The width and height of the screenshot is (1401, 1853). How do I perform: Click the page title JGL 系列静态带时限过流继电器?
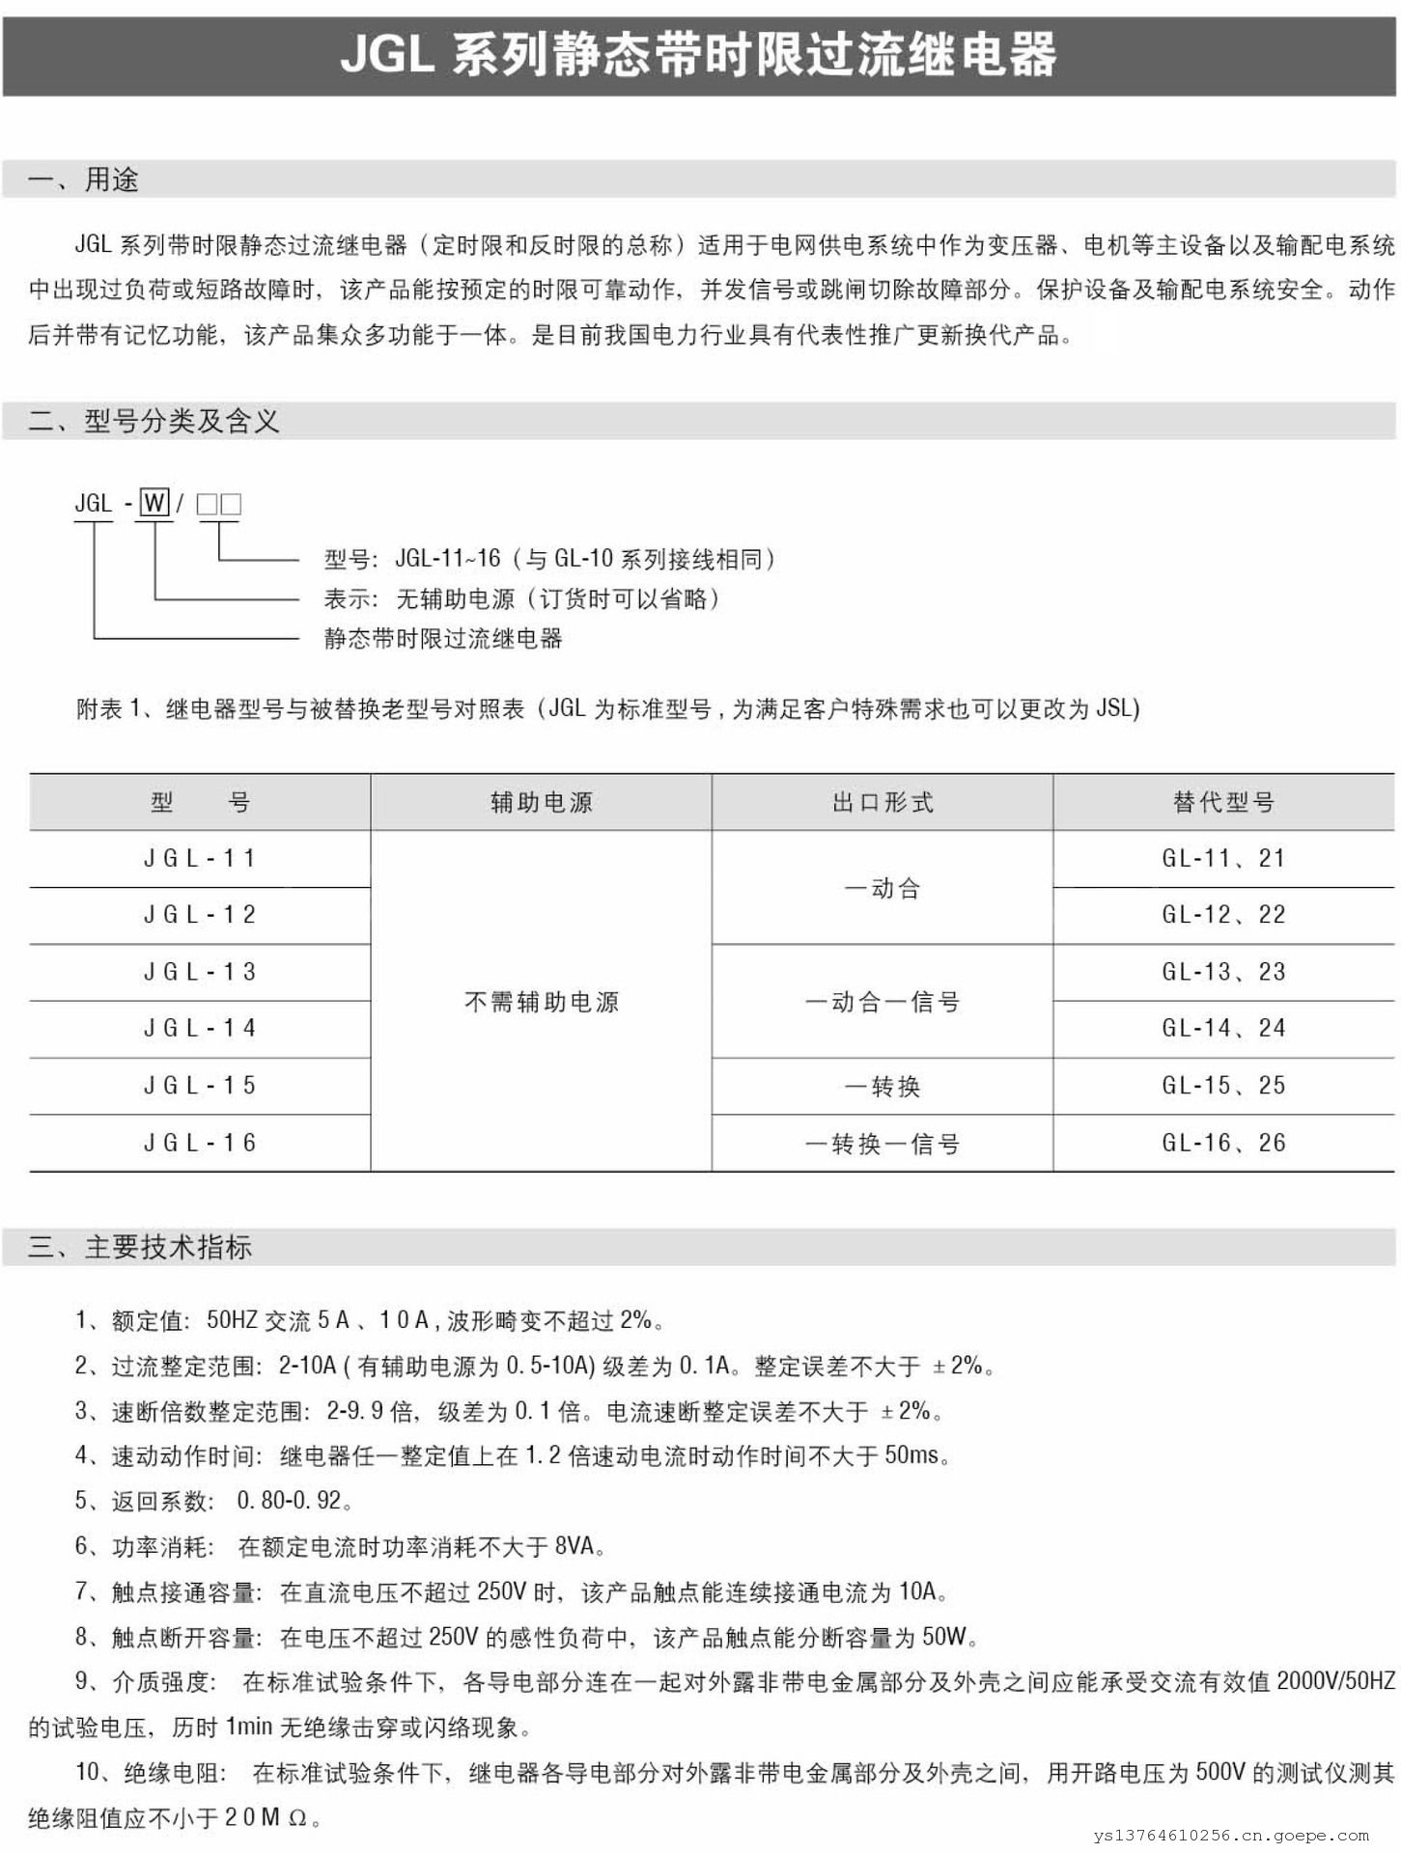(698, 54)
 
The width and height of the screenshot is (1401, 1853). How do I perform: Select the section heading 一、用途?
(83, 180)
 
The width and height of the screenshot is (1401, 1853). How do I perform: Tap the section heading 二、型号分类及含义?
(154, 421)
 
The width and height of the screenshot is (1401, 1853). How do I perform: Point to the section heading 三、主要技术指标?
(140, 1247)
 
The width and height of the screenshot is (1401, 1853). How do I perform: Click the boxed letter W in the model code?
(154, 503)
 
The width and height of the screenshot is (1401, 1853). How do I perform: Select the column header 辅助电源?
(541, 802)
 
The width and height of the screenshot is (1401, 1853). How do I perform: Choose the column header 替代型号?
(1223, 802)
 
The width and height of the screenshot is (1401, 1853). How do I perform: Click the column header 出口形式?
(883, 802)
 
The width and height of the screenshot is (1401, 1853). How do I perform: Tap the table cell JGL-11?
(200, 858)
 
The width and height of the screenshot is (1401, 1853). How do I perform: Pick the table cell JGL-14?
(200, 1029)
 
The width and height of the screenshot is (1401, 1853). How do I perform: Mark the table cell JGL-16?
(200, 1144)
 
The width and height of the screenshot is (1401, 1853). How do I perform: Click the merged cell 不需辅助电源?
(541, 1002)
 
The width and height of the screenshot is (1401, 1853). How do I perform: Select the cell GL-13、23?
(1223, 972)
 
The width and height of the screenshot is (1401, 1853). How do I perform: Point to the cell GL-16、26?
(1223, 1144)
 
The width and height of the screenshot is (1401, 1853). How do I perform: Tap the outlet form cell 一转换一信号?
(883, 1145)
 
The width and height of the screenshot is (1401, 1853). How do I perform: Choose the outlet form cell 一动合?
(883, 888)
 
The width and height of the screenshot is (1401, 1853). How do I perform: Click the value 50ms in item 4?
(911, 1454)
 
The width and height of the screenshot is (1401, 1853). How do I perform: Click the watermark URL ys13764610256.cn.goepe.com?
(1231, 1836)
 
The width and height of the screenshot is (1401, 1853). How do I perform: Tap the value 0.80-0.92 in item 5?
(290, 1501)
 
